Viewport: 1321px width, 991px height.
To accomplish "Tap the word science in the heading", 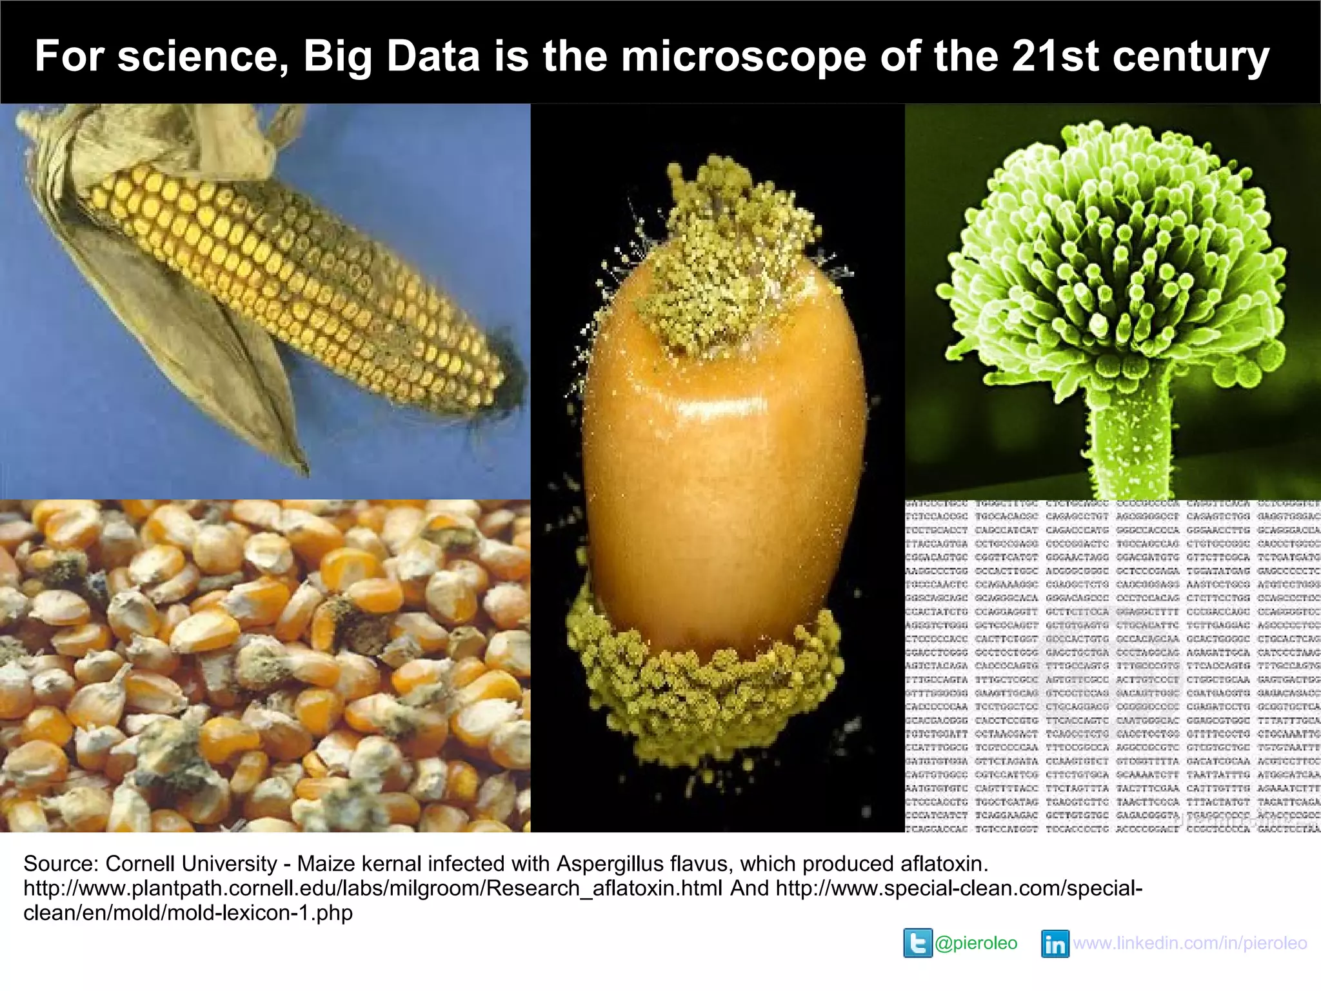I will pos(202,56).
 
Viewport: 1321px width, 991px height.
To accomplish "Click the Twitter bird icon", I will pos(917,943).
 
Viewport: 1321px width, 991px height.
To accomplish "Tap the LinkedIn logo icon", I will pos(1055,944).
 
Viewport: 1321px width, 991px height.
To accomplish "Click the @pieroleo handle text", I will pos(976,943).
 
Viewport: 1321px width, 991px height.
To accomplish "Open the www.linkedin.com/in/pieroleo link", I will pos(1190,943).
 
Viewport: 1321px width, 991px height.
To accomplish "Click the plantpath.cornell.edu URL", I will pos(373,888).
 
